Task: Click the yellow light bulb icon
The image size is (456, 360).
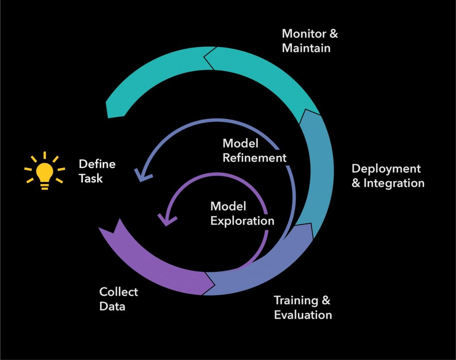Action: pos(45,171)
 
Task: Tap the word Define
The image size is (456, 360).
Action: pos(97,164)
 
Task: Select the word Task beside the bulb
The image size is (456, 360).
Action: pos(91,178)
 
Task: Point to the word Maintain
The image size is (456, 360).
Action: pos(306,48)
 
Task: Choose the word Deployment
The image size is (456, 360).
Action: pos(386,169)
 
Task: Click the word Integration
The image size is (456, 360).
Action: pos(394,183)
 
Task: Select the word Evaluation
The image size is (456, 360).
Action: pos(303,315)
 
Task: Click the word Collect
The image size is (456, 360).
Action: pos(118,292)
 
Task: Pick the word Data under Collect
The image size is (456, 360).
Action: pos(112,306)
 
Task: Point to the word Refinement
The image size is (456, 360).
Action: pos(255,158)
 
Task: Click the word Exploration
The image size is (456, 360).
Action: pos(242,221)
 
